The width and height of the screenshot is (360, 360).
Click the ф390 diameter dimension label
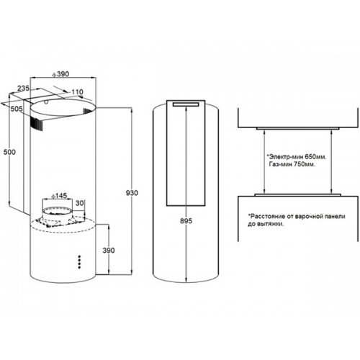pyautogui.click(x=60, y=74)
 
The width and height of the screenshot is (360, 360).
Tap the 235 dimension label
pyautogui.click(x=23, y=88)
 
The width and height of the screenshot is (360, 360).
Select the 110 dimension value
pyautogui.click(x=77, y=91)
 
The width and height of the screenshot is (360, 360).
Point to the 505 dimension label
pyautogui.click(x=17, y=109)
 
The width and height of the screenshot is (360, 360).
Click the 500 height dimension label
pyautogui.click(x=9, y=152)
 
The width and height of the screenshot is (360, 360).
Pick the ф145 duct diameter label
pyautogui.click(x=59, y=196)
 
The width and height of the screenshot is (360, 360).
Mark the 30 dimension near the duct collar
pyautogui.click(x=80, y=203)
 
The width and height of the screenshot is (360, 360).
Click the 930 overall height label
pyautogui.click(x=132, y=193)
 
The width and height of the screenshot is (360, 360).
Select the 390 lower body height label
pyautogui.click(x=109, y=251)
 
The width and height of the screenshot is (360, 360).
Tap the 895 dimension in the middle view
pyautogui.click(x=186, y=221)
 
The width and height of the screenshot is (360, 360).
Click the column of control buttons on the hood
pyautogui.click(x=80, y=261)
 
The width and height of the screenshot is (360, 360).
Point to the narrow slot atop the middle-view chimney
pyautogui.click(x=186, y=104)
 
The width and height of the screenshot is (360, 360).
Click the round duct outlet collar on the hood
pyautogui.click(x=58, y=210)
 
